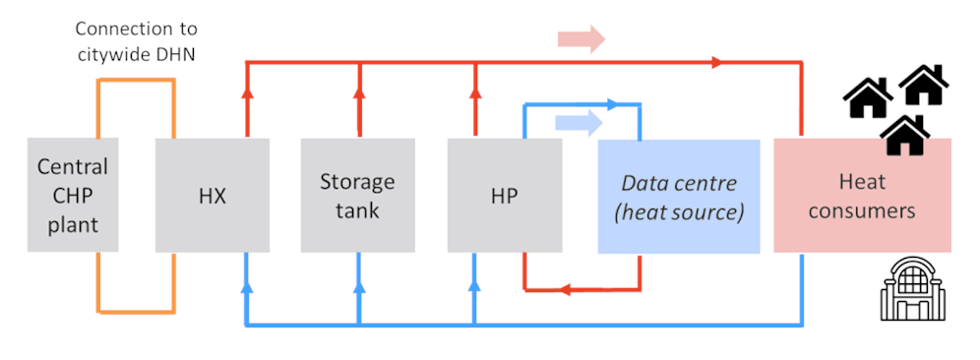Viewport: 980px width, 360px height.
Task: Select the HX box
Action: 213,195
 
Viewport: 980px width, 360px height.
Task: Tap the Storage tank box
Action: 357,195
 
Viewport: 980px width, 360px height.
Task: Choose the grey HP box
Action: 504,195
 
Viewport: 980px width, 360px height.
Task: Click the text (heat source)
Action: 679,211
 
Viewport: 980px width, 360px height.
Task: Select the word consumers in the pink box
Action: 862,210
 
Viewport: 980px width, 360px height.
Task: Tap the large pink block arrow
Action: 581,39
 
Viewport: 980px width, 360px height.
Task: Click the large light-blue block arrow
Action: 580,122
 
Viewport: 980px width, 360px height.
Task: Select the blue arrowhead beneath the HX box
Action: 246,288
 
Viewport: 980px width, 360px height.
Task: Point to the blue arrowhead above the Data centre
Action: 616,102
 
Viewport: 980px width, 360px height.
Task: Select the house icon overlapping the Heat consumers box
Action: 905,135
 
